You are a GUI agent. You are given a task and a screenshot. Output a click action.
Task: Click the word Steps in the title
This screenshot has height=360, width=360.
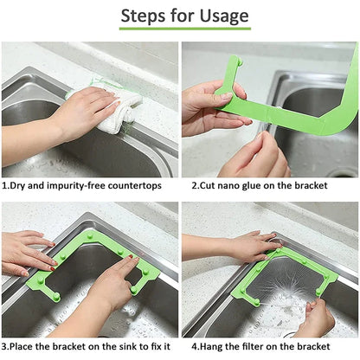pos(145,16)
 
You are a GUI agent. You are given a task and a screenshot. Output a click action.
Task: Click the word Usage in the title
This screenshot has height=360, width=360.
pos(221,16)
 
